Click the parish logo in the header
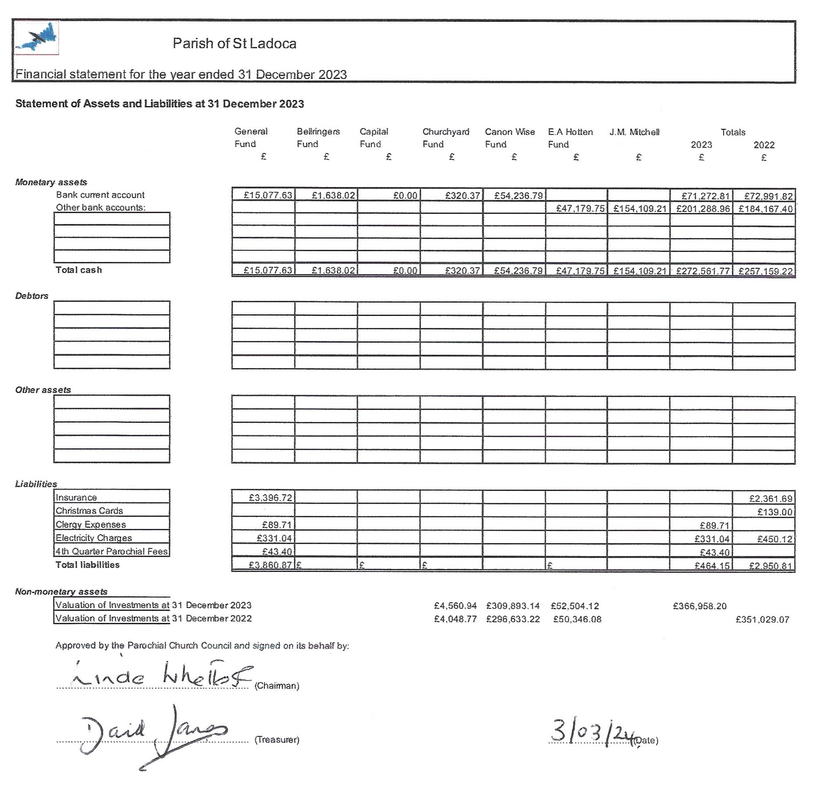coord(36,38)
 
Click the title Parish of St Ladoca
coord(234,43)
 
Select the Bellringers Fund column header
coord(318,138)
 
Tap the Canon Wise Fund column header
coord(510,138)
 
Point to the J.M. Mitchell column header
coord(634,132)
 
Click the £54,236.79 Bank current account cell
coord(518,195)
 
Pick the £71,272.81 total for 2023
coord(705,196)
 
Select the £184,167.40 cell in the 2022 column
coord(766,209)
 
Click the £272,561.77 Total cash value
coord(703,271)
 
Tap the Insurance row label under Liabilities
coord(76,497)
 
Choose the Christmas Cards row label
coord(89,511)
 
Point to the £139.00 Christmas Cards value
coord(775,512)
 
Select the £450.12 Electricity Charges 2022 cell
coord(775,539)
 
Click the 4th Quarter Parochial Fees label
coord(111,551)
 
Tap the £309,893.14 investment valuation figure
coord(513,606)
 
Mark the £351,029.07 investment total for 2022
coord(762,619)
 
